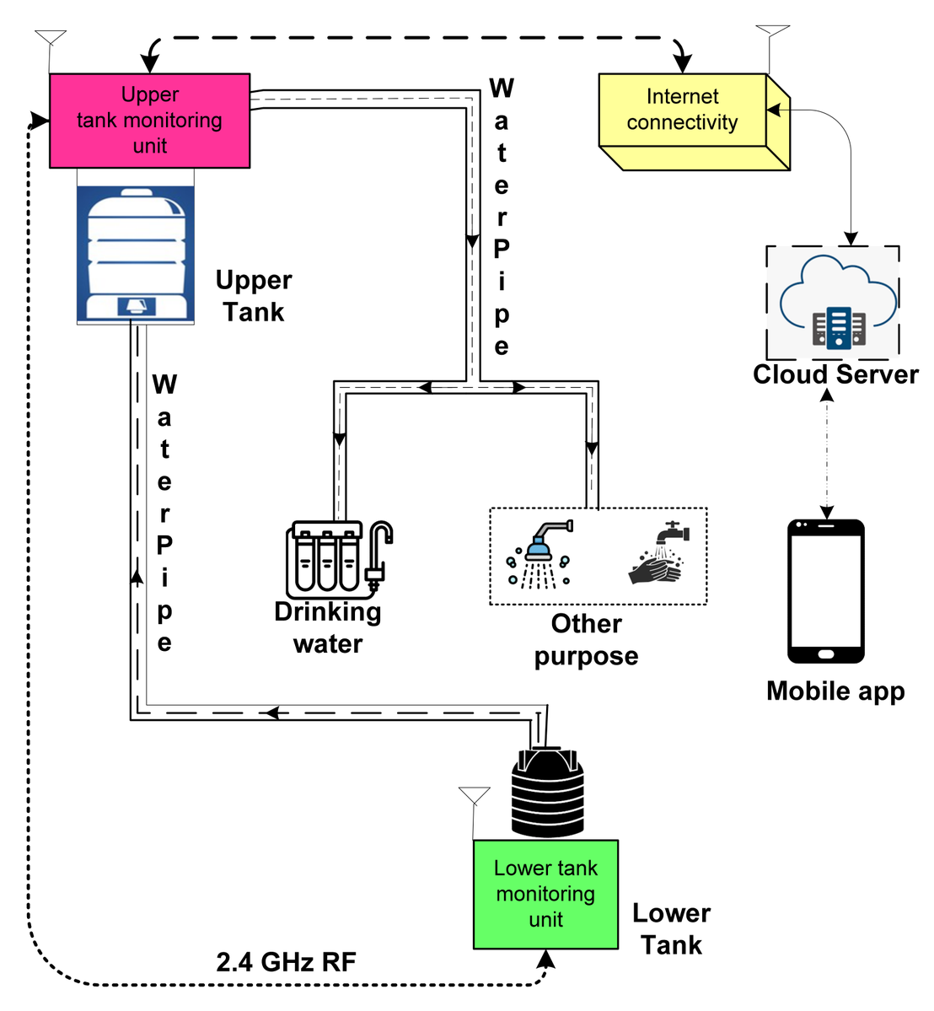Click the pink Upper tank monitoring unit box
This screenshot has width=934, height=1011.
click(149, 121)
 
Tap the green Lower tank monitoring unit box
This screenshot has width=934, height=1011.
click(545, 894)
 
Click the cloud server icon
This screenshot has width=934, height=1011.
click(836, 303)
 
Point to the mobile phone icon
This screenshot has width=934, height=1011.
click(825, 591)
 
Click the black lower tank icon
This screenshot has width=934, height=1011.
click(547, 793)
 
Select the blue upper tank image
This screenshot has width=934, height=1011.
click(136, 254)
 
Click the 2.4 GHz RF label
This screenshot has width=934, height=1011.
click(286, 962)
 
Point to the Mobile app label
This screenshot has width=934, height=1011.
click(835, 691)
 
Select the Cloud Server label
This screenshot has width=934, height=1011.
click(835, 374)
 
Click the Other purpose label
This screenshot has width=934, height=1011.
click(586, 640)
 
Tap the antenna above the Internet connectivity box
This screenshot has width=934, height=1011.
click(772, 38)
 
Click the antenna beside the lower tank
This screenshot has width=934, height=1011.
click(475, 801)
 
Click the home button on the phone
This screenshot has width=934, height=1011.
click(825, 653)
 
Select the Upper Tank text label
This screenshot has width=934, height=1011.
click(253, 296)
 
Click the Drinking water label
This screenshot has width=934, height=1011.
click(328, 627)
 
